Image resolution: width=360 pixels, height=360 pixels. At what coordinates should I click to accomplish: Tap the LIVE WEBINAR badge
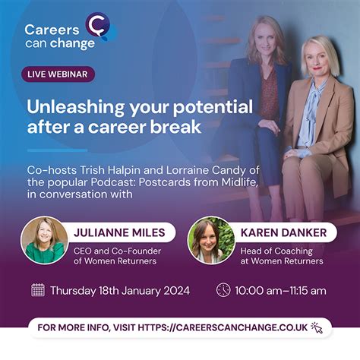[x=58, y=74]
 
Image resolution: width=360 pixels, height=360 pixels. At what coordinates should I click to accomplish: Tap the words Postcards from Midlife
[x=198, y=182]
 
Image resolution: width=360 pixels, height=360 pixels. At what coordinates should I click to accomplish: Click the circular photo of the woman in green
[x=44, y=240]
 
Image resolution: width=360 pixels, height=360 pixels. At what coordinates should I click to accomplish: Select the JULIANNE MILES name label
[x=119, y=232]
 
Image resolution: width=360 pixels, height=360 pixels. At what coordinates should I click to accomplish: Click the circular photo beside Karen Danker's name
[x=211, y=240]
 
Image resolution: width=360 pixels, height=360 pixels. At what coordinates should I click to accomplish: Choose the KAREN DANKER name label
[x=283, y=232]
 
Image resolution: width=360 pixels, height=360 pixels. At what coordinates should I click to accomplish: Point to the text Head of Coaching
[x=276, y=251]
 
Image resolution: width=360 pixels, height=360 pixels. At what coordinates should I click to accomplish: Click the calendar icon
[x=38, y=290]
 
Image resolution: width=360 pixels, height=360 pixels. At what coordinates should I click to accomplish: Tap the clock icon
[x=223, y=290]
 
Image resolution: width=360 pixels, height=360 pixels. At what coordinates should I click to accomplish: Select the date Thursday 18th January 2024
[x=120, y=291]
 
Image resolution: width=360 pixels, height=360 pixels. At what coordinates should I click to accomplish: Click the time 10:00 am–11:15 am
[x=280, y=291]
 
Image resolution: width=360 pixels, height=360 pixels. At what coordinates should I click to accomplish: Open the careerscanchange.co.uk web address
[x=223, y=327]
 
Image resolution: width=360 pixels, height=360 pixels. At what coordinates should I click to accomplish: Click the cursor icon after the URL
[x=317, y=327]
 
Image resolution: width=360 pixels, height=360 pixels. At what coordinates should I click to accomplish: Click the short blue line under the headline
[x=57, y=150]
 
